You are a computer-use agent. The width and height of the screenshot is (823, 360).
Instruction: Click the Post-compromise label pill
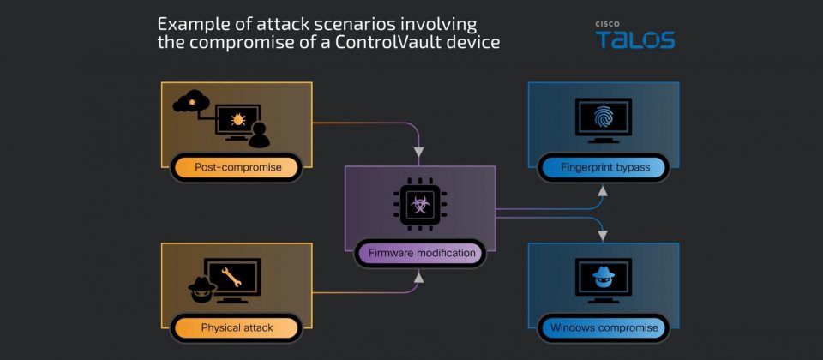pos(237,168)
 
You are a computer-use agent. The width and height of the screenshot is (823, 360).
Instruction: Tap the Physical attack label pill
pos(237,328)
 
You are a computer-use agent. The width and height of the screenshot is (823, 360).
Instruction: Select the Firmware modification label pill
pos(422,253)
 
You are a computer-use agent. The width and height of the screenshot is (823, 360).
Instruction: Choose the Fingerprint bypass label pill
pos(604,168)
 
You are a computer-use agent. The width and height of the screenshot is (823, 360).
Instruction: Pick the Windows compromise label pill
pos(604,328)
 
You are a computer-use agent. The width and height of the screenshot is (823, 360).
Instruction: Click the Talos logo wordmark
pos(634,39)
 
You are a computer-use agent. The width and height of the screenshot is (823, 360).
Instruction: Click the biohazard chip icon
pos(420,204)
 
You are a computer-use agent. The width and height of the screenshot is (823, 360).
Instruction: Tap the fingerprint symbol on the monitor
pos(604,118)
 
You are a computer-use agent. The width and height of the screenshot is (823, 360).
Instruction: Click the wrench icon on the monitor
pos(231,277)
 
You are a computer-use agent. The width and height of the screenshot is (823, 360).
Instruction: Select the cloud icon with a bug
pos(191,101)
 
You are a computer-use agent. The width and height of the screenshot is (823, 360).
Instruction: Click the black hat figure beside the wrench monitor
pos(202,289)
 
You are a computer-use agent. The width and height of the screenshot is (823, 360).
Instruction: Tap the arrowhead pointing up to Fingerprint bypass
pos(603,191)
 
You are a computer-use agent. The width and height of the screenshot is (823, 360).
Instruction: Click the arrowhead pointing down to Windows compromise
pos(603,237)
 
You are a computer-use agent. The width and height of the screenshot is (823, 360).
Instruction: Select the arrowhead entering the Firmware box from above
pos(419,153)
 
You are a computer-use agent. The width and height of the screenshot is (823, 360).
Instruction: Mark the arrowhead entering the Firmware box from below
pos(419,277)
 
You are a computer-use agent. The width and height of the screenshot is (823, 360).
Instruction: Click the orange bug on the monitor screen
pos(238,120)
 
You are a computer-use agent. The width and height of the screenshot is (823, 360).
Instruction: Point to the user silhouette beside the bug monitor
pos(259,135)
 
